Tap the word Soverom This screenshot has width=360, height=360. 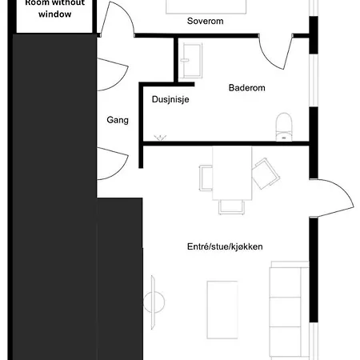pyautogui.click(x=205, y=22)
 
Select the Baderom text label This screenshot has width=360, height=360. pyautogui.click(x=246, y=88)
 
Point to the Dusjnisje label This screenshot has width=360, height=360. pyautogui.click(x=170, y=100)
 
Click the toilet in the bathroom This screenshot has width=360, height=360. pyautogui.click(x=283, y=126)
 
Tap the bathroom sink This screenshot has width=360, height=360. pyautogui.click(x=193, y=56)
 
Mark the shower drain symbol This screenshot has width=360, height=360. pyautogui.click(x=159, y=138)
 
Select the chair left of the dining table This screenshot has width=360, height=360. pyautogui.click(x=206, y=175)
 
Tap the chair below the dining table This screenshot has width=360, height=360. pyautogui.click(x=231, y=206)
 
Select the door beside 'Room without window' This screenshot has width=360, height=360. pyautogui.click(x=114, y=20)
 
